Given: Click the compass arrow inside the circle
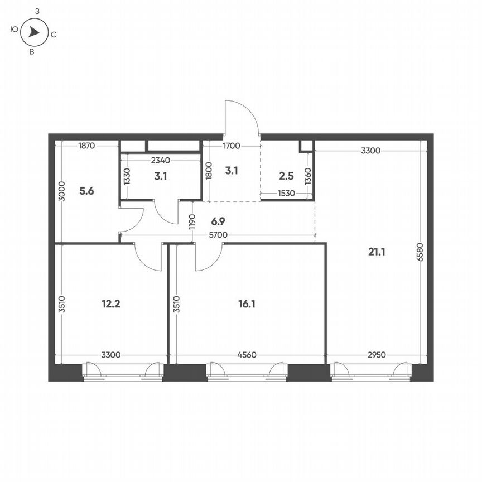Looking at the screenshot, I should point(34,33).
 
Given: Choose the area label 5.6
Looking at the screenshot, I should point(86,191).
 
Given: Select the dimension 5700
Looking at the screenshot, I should point(218,235).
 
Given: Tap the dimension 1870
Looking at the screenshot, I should point(86,146).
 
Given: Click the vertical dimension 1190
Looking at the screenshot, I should point(192,222).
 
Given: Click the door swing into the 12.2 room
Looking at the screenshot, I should point(148,257).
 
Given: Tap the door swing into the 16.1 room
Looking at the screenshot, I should point(208,257).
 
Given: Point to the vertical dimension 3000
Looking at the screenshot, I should point(62,191).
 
